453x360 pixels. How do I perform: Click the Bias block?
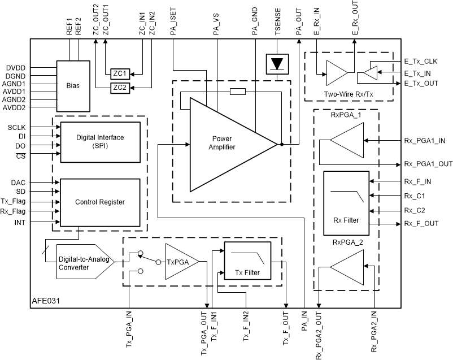tap(73, 86)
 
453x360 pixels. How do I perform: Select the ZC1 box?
tap(120, 73)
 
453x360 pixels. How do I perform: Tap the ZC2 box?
tap(120, 87)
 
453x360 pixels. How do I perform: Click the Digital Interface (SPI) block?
tap(100, 142)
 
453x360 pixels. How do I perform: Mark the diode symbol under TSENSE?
tap(277, 64)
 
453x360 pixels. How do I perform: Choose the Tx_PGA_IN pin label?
tap(129, 333)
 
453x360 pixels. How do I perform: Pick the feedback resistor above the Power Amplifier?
tap(238, 92)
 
